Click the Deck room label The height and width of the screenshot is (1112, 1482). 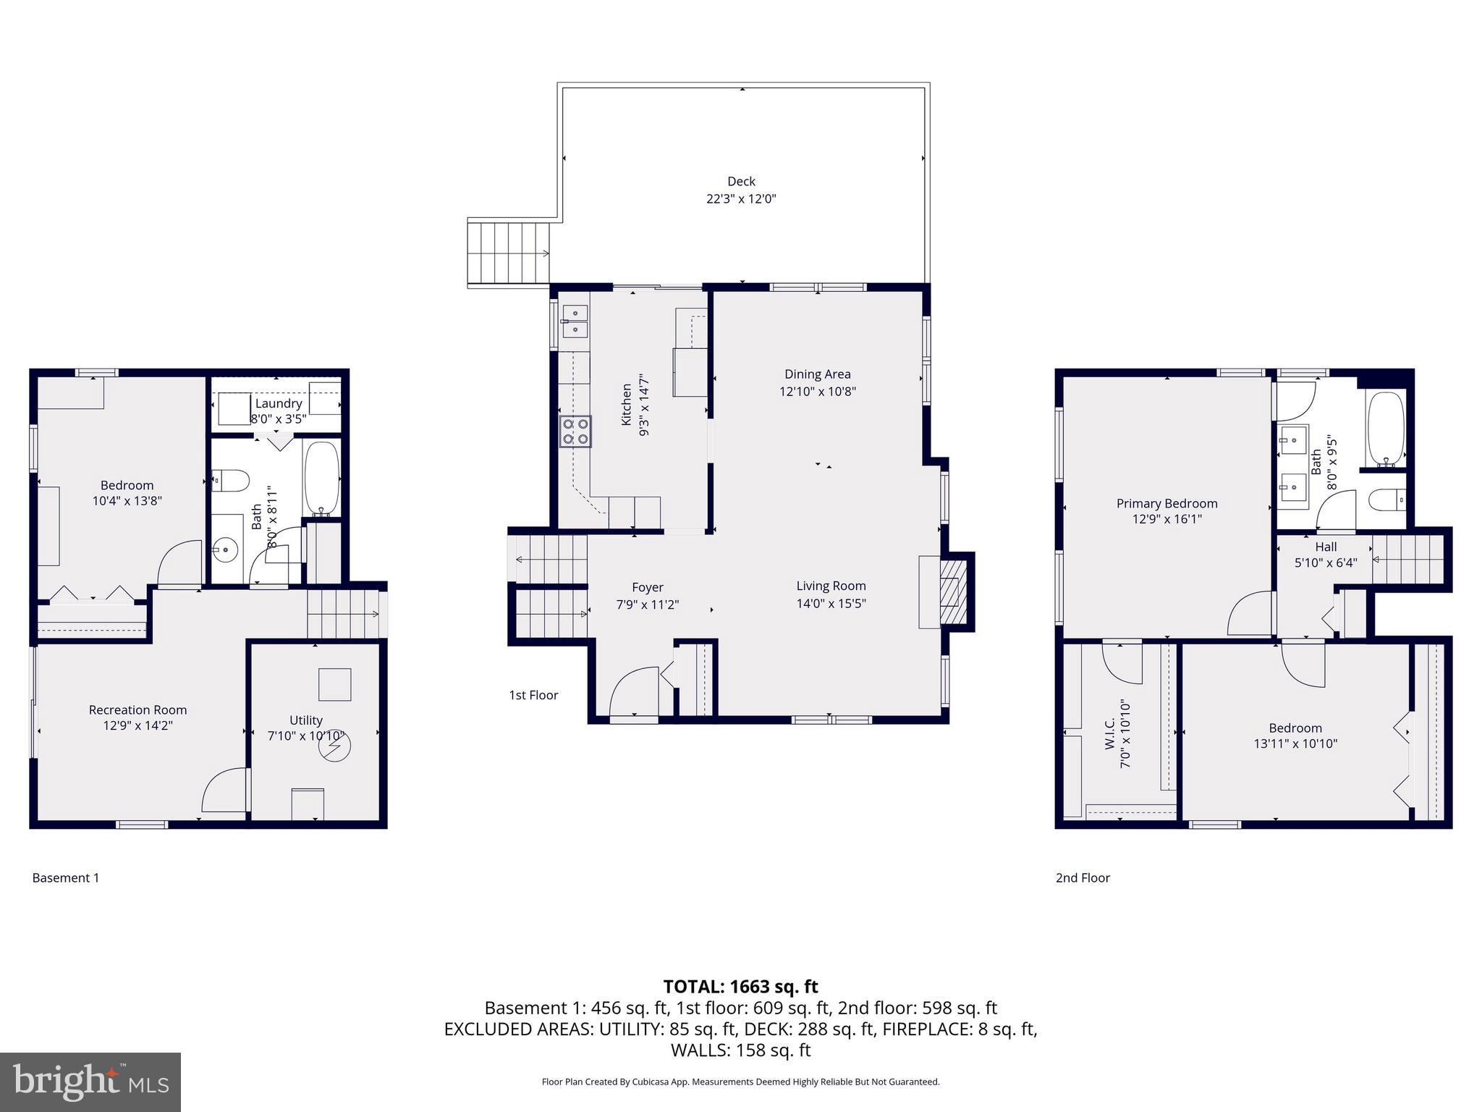tap(741, 182)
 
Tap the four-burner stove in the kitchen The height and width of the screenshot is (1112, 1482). tap(575, 431)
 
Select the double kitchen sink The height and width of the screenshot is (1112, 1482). tap(575, 321)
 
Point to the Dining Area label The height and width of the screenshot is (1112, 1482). tap(818, 374)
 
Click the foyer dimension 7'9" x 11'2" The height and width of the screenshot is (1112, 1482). tap(647, 605)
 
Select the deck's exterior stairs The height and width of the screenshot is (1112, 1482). tap(509, 253)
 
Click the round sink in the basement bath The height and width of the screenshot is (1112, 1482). tap(226, 550)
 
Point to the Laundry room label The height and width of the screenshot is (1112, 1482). tap(279, 403)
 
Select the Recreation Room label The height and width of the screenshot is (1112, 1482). tap(137, 710)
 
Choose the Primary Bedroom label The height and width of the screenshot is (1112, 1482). tap(1166, 503)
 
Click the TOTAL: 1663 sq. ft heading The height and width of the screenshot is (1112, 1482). tap(740, 987)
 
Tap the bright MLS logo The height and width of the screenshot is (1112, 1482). tap(90, 1082)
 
